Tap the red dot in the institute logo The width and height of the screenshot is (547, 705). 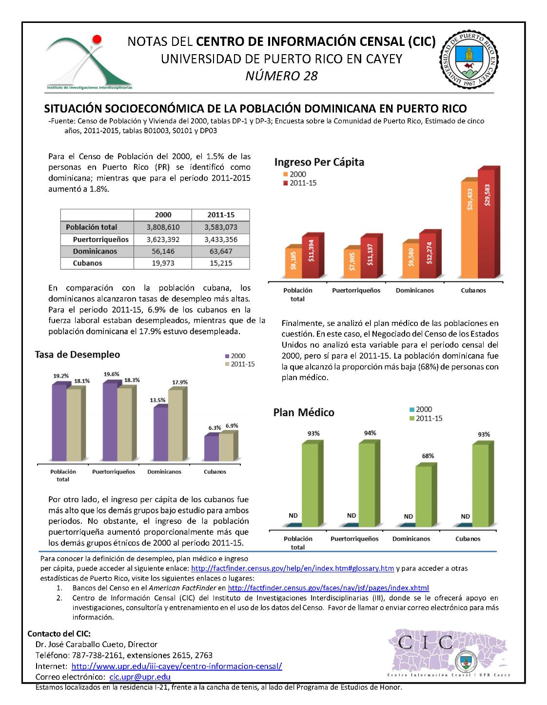coord(98,39)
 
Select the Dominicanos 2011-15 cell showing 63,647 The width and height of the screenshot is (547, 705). coord(220,251)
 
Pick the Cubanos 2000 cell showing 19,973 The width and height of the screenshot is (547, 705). coord(163,263)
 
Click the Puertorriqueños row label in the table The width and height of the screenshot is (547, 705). coord(100,240)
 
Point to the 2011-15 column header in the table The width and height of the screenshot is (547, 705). coord(220,215)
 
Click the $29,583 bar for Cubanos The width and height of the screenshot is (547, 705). coord(487,224)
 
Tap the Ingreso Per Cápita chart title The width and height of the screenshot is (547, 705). coord(319,162)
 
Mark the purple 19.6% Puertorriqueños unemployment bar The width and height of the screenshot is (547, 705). coord(110,422)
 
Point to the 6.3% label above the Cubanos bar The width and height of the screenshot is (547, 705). coord(215,428)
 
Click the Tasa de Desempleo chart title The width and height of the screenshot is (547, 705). coord(77,355)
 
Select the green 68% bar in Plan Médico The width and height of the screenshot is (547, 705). coord(423,495)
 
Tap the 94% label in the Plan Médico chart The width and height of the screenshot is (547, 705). coord(370,433)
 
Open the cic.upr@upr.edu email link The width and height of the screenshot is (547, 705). coord(140,677)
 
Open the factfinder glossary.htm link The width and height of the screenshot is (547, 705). coord(293,568)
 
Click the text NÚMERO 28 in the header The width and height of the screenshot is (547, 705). coord(281,76)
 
